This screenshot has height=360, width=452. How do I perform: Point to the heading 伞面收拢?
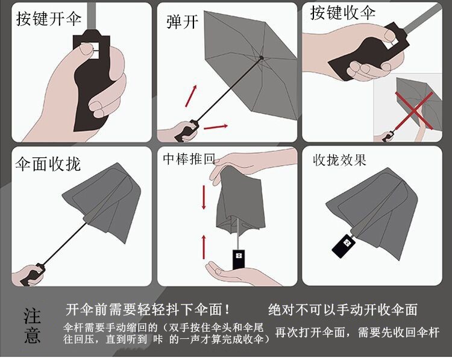(x=48, y=163)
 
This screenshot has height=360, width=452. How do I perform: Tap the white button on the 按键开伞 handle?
(x=90, y=49)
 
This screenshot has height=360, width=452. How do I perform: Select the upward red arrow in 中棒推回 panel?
(x=204, y=245)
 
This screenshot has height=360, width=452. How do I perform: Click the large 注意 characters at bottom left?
(x=32, y=326)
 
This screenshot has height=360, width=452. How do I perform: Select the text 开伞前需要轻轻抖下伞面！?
(x=148, y=311)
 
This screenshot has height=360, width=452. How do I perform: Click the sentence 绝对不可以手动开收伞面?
(x=342, y=310)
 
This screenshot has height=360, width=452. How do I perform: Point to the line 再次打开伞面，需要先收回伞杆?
(x=357, y=332)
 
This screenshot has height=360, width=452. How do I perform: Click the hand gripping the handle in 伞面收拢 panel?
(x=29, y=274)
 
